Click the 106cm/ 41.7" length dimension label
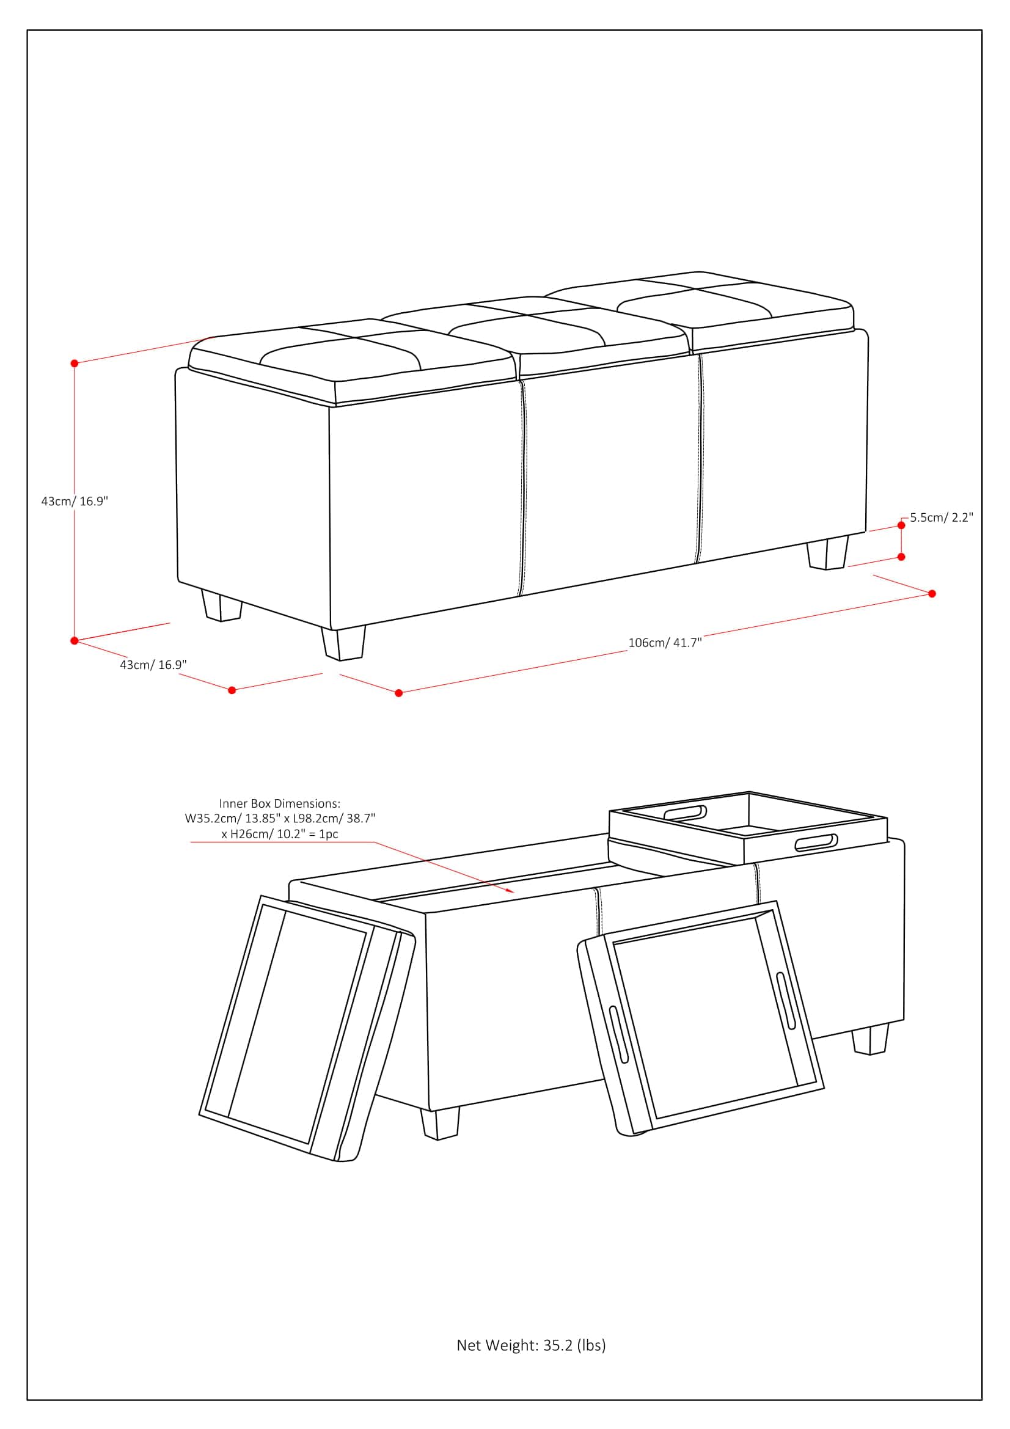(x=665, y=642)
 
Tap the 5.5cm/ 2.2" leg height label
(x=941, y=517)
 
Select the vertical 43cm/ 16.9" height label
(x=75, y=501)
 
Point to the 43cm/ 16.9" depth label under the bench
(x=153, y=665)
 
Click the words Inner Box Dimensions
(x=279, y=803)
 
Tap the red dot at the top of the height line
(x=74, y=363)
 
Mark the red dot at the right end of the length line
(x=932, y=594)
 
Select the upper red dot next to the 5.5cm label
(x=901, y=526)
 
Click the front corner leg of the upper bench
(x=343, y=643)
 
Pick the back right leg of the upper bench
(x=827, y=555)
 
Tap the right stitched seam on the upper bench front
(x=700, y=458)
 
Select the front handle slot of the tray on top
(x=815, y=842)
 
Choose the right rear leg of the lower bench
(x=870, y=1039)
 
